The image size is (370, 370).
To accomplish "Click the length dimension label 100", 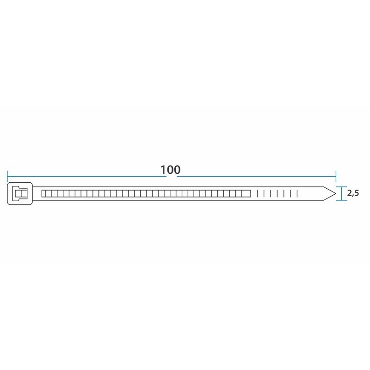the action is coord(170,170).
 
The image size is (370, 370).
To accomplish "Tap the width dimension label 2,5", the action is coord(353,193).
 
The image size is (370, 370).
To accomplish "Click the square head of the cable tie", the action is coord(20,193).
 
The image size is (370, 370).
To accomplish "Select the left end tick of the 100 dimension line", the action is coord(7,176).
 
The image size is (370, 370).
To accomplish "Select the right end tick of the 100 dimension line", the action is coord(336,176).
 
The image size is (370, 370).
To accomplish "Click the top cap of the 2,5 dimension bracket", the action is coord(341,187).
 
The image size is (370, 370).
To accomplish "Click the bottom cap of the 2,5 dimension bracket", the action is coord(341,200).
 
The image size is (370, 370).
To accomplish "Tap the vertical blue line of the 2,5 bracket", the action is coord(341,193).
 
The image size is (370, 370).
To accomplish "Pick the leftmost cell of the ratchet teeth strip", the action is coord(43,194).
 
